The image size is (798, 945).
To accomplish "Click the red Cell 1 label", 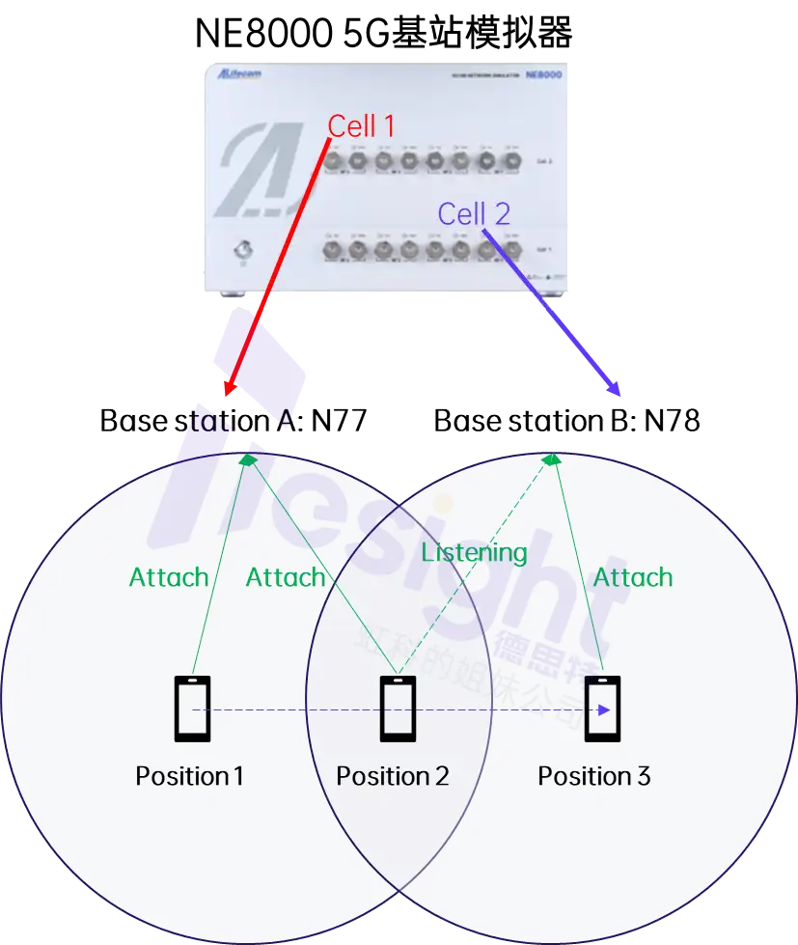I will click(x=361, y=125).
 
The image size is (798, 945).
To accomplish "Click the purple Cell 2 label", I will click(x=474, y=213).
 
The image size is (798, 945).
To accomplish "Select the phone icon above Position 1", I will click(x=192, y=709).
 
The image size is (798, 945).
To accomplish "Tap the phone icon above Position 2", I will click(x=398, y=709).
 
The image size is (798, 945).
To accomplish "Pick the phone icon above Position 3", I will click(x=602, y=709).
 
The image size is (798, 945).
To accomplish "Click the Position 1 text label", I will click(x=189, y=776).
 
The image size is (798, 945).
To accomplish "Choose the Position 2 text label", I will click(x=393, y=776).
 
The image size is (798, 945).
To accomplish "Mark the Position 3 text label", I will click(x=594, y=776).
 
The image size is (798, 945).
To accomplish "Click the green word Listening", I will click(x=474, y=553).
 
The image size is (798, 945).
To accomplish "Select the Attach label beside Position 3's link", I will click(x=633, y=577).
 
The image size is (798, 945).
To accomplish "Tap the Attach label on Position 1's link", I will click(x=169, y=577).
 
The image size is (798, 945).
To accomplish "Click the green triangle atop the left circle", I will click(x=249, y=459).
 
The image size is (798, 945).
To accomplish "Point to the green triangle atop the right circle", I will click(x=551, y=459).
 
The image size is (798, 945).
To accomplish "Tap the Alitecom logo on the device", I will click(x=239, y=74).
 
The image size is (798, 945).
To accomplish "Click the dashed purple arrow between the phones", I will click(x=396, y=710).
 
